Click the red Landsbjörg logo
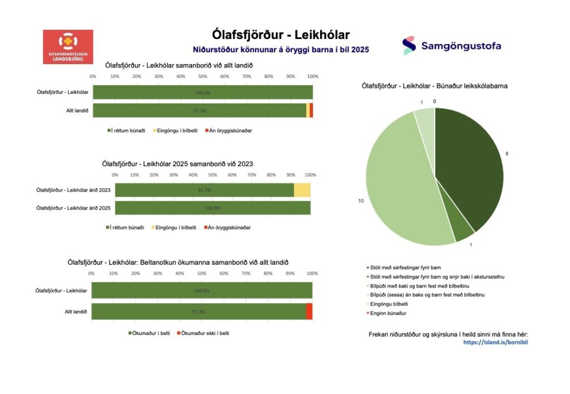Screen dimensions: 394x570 pos(68,46)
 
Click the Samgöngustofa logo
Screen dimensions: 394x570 pos(451,46)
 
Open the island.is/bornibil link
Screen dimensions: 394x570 pos(495,342)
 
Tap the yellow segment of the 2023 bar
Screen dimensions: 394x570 pos(302,190)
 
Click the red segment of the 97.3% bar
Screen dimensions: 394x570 pos(309,312)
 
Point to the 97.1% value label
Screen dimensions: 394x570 pos(199,110)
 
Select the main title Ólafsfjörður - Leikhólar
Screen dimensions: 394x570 pos(281,35)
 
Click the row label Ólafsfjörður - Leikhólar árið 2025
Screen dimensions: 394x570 pos(73,208)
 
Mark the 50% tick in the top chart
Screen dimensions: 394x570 pos(203,76)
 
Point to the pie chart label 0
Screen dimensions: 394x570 pos(434,101)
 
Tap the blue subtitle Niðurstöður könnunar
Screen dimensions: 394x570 pos(281,50)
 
